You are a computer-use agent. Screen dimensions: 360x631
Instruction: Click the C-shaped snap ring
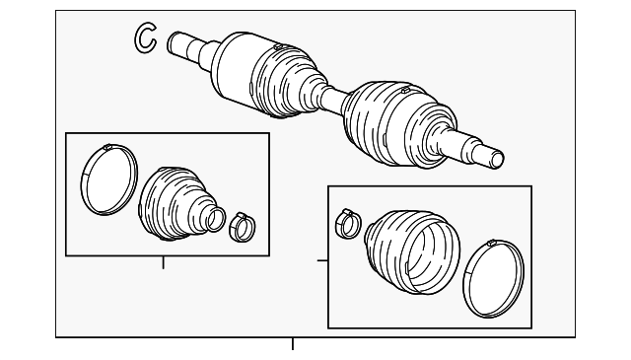pos(145,37)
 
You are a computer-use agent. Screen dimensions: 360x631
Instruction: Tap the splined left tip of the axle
pos(179,43)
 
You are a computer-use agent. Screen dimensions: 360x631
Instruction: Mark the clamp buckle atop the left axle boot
pos(279,45)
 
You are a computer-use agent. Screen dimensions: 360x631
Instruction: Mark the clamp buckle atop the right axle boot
pos(404,92)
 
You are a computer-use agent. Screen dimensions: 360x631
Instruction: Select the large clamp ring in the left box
pos(106,180)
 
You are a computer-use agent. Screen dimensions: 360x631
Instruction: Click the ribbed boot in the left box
pos(174,202)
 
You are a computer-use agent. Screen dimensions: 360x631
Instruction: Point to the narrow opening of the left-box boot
pos(215,218)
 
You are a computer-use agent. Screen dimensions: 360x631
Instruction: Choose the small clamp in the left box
pos(242,226)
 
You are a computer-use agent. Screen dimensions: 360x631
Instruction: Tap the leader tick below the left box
pos(164,262)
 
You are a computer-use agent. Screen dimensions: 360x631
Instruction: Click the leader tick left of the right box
pos(322,260)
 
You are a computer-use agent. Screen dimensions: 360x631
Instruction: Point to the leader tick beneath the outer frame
pos(292,344)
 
